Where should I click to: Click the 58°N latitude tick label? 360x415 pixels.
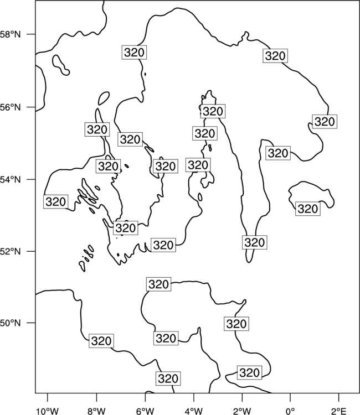coord(11,34)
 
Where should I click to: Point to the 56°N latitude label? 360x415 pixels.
coord(11,107)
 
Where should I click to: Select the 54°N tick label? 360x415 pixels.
coord(11,179)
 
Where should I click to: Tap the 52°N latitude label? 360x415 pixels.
coord(11,251)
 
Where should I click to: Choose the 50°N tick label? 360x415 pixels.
coord(11,323)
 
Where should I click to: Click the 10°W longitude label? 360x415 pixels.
coord(48,411)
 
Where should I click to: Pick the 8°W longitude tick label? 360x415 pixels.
coord(96,411)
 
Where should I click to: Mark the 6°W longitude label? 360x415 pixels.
coord(145,411)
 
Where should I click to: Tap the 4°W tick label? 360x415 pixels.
coord(194,411)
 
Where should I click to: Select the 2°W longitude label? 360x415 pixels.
coord(242,411)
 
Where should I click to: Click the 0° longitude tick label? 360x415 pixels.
coord(291,411)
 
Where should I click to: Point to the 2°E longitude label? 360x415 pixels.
coord(339,411)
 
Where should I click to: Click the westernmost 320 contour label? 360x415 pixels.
coord(55,201)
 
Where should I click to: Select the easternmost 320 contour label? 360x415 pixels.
coord(325,122)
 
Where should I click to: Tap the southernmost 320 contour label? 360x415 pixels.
coord(168,378)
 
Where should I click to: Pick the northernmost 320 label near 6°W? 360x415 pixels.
coord(134,52)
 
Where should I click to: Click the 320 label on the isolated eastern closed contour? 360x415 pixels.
coord(308,209)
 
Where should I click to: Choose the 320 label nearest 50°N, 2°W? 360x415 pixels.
coord(236,324)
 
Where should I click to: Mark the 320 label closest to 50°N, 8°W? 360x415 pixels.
coord(101,341)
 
